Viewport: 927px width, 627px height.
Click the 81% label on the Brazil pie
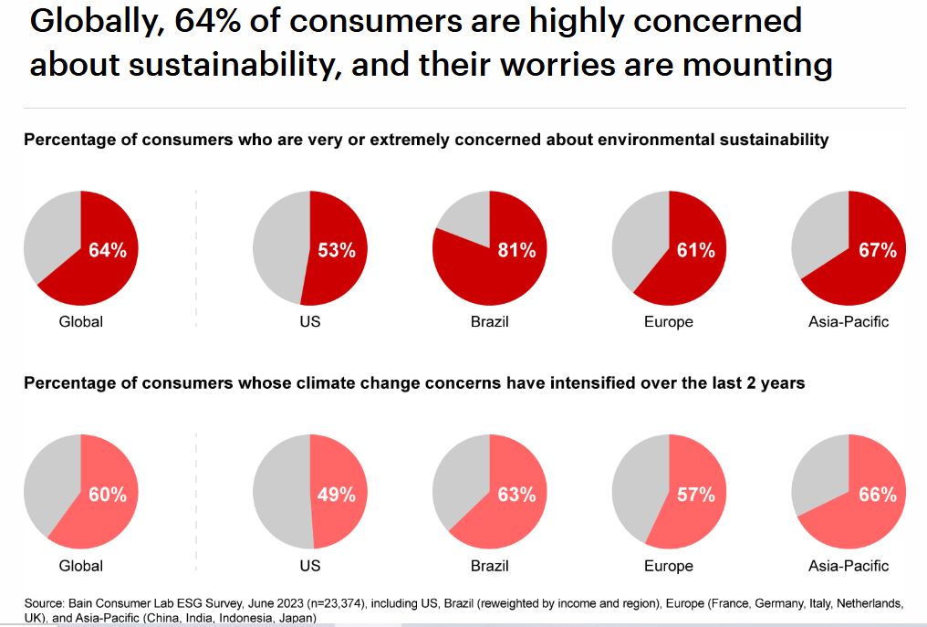pyautogui.click(x=516, y=250)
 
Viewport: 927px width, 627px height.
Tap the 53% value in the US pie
pyautogui.click(x=337, y=250)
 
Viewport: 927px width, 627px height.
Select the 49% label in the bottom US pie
pyautogui.click(x=337, y=495)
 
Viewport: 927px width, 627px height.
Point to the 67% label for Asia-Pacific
pyautogui.click(x=877, y=250)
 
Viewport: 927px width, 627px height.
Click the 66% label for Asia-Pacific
pyautogui.click(x=877, y=495)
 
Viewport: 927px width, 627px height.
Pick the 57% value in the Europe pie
pyautogui.click(x=696, y=495)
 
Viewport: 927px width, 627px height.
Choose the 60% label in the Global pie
pyautogui.click(x=108, y=495)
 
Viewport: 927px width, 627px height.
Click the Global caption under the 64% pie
pyautogui.click(x=80, y=321)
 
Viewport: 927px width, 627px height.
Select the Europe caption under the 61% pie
pyautogui.click(x=668, y=321)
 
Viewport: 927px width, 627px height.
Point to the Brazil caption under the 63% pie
pyautogui.click(x=489, y=566)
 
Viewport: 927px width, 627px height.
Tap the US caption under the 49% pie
pyautogui.click(x=309, y=566)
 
